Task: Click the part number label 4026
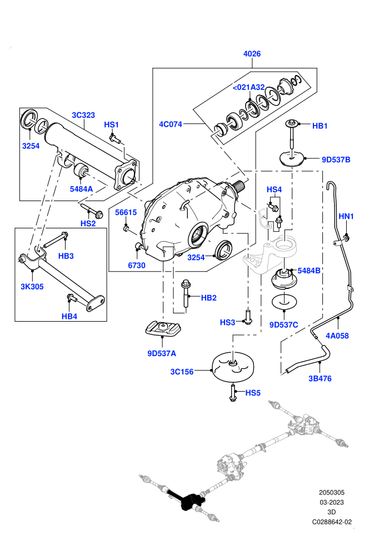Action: (x=252, y=54)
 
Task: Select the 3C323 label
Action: (x=83, y=115)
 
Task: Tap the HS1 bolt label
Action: (x=112, y=124)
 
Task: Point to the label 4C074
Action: (x=171, y=124)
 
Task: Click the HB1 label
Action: (x=320, y=126)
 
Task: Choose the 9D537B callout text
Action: (x=336, y=159)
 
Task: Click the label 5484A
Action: (x=81, y=189)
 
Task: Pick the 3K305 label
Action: (x=32, y=287)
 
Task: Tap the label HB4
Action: (x=69, y=317)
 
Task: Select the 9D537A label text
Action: (x=162, y=353)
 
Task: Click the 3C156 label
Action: (x=182, y=372)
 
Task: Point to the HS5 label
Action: (x=253, y=393)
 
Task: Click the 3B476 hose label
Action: (x=320, y=378)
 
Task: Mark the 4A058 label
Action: (x=337, y=336)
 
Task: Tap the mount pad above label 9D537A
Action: (x=163, y=328)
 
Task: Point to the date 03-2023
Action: (x=332, y=502)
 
